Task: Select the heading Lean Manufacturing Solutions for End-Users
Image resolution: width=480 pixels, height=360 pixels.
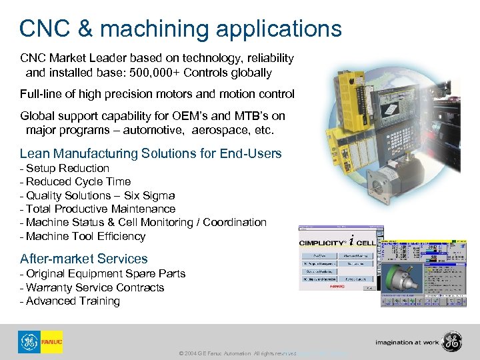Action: click(x=151, y=153)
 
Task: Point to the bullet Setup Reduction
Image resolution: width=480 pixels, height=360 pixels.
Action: click(x=67, y=168)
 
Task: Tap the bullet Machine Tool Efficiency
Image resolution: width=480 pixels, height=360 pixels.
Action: click(x=85, y=236)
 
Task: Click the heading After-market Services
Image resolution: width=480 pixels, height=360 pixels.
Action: click(x=84, y=259)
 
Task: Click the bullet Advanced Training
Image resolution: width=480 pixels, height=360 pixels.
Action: click(x=73, y=301)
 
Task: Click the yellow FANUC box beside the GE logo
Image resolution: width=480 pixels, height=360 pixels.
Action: click(x=51, y=342)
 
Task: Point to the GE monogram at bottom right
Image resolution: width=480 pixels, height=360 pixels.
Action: click(x=453, y=342)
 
